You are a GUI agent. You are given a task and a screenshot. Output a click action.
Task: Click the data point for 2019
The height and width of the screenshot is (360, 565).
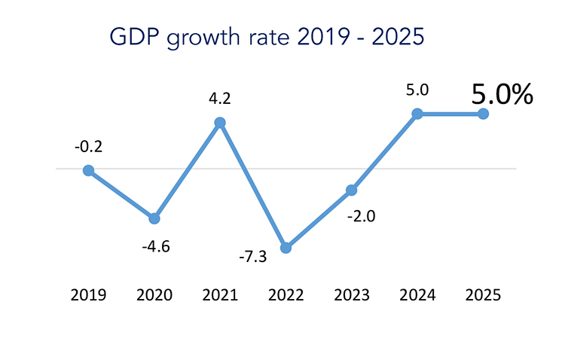(88, 170)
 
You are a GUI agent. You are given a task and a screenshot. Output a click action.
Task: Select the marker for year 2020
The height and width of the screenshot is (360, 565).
(154, 218)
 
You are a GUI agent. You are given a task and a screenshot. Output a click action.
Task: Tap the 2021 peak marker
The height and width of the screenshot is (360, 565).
(220, 123)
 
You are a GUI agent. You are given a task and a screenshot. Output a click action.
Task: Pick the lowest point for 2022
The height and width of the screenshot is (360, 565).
(286, 248)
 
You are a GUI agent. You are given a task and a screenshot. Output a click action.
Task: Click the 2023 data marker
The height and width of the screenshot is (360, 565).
(351, 191)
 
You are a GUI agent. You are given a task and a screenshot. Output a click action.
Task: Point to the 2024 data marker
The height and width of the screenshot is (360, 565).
(417, 114)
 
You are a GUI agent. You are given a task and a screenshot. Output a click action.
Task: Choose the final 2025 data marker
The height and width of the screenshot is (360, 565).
(483, 114)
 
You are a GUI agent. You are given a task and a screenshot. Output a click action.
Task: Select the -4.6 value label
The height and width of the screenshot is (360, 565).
(154, 245)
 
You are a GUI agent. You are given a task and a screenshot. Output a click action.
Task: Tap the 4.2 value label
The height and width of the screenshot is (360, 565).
(220, 97)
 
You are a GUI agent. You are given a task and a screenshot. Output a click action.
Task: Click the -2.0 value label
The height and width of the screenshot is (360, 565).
(361, 217)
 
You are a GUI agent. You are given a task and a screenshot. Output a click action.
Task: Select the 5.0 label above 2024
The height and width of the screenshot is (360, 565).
(417, 90)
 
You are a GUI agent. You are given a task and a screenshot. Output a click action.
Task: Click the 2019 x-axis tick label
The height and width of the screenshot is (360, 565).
(88, 294)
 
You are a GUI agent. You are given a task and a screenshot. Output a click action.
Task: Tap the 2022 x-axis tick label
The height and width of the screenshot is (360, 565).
(286, 294)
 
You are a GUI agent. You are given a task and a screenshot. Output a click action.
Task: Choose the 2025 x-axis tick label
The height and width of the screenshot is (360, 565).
(483, 294)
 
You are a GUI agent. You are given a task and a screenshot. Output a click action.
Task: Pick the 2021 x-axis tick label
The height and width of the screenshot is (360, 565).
(220, 294)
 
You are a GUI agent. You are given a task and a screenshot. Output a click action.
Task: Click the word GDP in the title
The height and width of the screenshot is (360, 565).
(130, 36)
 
